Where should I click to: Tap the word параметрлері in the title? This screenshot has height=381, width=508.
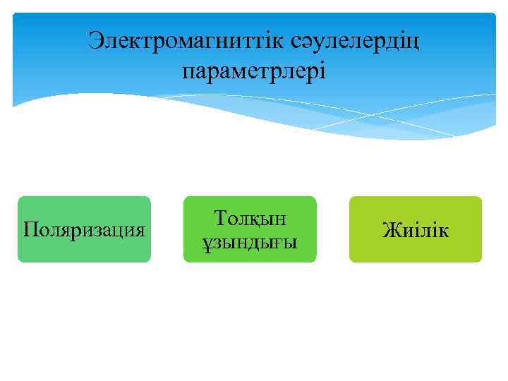click(254, 71)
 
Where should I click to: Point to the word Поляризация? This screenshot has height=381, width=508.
click(85, 230)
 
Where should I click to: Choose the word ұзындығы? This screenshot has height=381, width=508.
click(250, 243)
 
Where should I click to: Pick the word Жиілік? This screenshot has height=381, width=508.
click(415, 230)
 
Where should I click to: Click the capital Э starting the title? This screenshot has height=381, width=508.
click(95, 41)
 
